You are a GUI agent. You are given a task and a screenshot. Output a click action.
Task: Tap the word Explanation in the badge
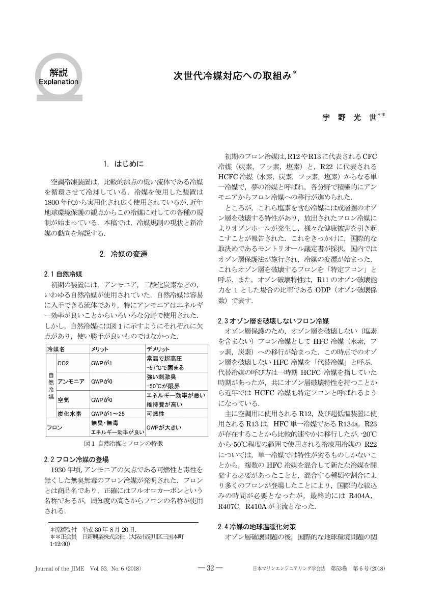click(x=59, y=82)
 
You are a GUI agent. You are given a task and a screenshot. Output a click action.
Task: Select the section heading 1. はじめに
click(x=123, y=164)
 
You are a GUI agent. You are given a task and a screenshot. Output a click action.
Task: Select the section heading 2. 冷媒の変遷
click(x=123, y=254)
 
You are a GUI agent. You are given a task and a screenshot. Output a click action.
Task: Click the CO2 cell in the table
click(x=64, y=363)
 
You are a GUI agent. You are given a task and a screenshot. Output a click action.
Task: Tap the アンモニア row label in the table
click(x=71, y=381)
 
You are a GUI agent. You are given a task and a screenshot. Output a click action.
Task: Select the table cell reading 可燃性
click(x=155, y=414)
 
